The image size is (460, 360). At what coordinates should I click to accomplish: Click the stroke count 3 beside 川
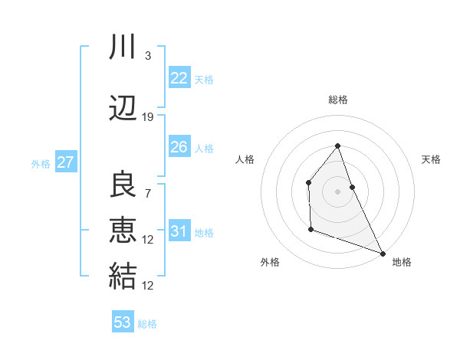tap(148, 55)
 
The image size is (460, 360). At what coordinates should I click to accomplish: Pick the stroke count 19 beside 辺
tap(148, 117)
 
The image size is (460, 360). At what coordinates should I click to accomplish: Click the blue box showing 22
tap(179, 77)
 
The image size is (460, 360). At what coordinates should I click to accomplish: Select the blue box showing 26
tap(179, 147)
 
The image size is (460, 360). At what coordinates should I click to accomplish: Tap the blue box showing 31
tap(179, 231)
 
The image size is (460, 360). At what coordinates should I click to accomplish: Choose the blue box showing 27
tap(65, 162)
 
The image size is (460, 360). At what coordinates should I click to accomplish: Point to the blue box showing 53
tap(123, 322)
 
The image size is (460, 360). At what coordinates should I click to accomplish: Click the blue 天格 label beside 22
tap(204, 79)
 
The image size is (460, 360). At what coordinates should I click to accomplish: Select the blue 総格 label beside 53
tap(147, 324)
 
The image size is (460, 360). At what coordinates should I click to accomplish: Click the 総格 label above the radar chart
tap(337, 100)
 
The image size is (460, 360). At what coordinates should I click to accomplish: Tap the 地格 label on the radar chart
tap(402, 262)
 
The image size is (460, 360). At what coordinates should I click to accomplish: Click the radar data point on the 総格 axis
tap(337, 146)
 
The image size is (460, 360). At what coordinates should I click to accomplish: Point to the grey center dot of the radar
tap(337, 191)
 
